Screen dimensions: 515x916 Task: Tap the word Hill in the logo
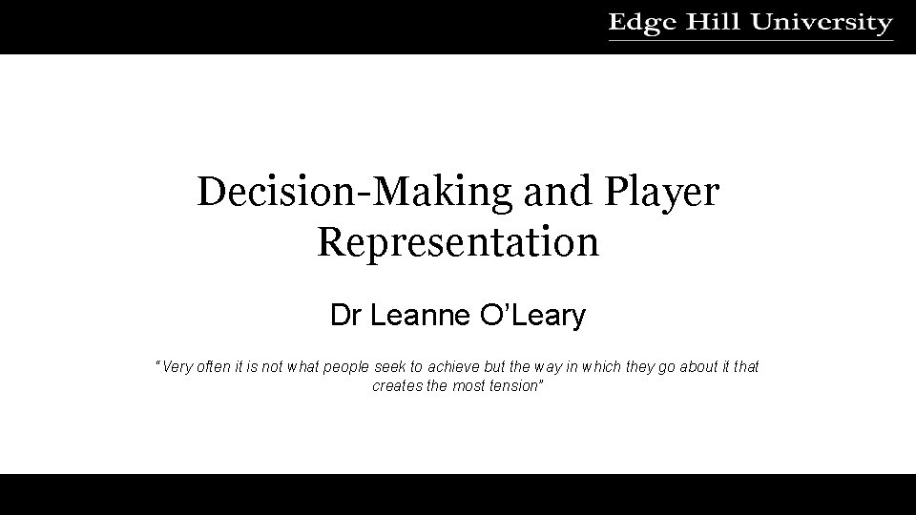tap(712, 23)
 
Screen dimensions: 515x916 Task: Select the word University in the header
tap(822, 23)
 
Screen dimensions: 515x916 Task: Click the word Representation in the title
tap(458, 241)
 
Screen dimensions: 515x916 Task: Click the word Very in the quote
tap(178, 367)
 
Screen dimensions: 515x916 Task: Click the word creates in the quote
tap(394, 386)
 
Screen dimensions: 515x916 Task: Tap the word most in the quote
tap(466, 386)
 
